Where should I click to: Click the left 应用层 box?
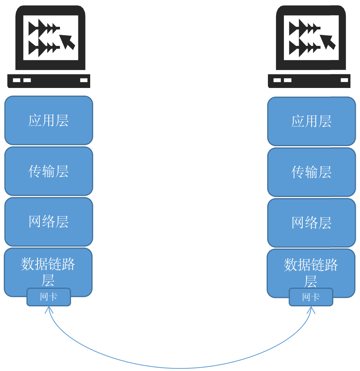(x=49, y=120)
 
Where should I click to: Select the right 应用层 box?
(x=311, y=121)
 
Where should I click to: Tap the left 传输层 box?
(x=49, y=171)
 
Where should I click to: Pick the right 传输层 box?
(x=311, y=172)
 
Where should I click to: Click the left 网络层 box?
(x=49, y=222)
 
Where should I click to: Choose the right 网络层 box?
(x=311, y=223)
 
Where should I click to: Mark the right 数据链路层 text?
(x=311, y=272)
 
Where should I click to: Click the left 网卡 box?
(x=49, y=297)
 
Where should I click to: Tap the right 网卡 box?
(x=311, y=297)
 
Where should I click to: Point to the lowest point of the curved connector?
(x=180, y=368)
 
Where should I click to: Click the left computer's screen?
(x=50, y=38)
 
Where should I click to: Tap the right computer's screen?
(x=311, y=38)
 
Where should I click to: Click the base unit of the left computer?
(x=49, y=81)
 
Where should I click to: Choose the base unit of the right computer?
(x=309, y=81)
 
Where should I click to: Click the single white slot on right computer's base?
(x=344, y=80)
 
